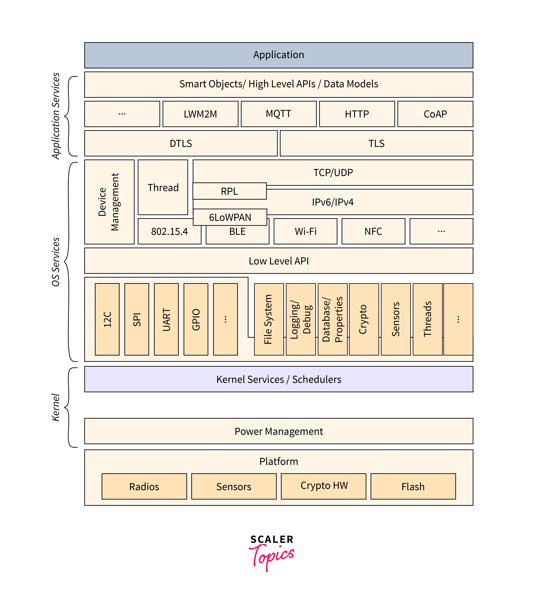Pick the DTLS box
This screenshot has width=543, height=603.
(181, 143)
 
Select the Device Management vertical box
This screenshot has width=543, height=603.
(109, 202)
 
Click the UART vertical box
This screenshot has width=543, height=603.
(166, 319)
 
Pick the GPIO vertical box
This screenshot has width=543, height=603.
(196, 319)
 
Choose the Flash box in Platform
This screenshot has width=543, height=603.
(413, 486)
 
